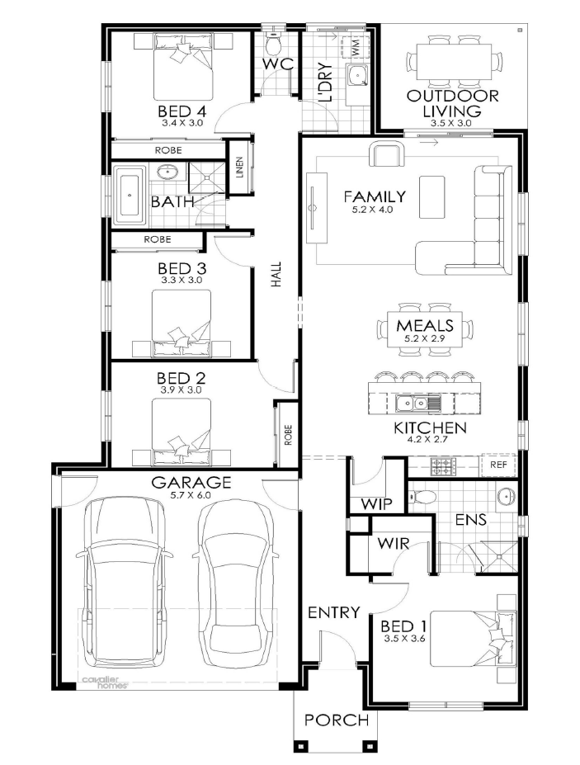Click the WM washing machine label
355,47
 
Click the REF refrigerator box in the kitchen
498,465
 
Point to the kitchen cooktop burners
443,467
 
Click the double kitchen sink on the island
418,404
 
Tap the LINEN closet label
239,168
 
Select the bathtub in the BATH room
130,195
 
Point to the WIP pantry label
376,504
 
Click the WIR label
393,542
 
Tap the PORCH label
337,720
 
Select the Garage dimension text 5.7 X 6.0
191,494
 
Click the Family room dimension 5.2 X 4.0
373,210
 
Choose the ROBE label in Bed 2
288,435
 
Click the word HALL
276,274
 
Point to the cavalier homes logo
105,682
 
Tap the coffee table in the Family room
431,197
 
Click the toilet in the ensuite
422,497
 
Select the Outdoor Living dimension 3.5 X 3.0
451,124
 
